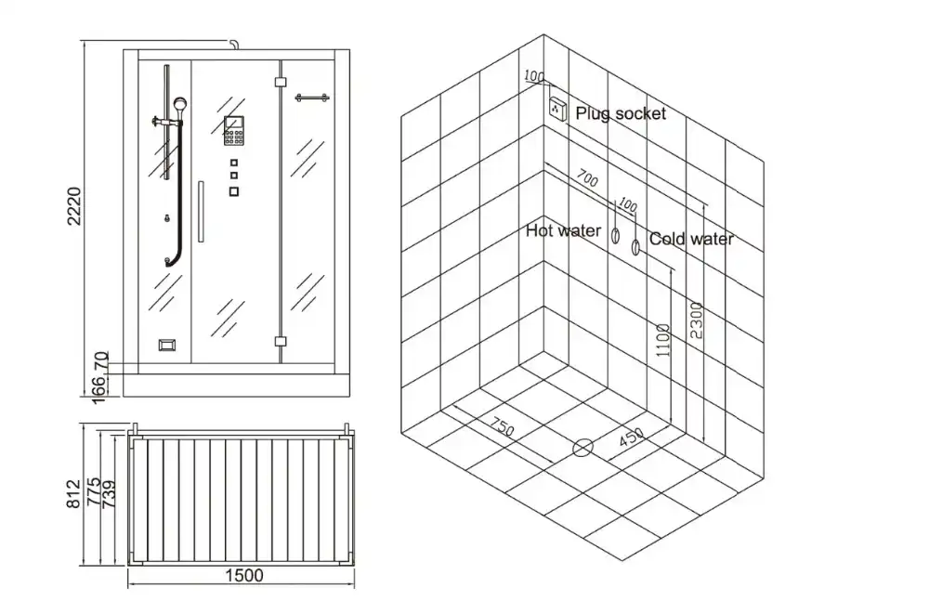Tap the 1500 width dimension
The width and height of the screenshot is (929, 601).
pos(244,576)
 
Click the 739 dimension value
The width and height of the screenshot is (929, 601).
pos(109,492)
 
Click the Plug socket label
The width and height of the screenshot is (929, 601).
pos(620,113)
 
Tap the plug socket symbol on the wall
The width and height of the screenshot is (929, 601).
pos(557,108)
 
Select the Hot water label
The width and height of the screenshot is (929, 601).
pos(563,230)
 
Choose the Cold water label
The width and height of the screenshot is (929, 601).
pos(691,239)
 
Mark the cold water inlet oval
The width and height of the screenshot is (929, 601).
pos(635,247)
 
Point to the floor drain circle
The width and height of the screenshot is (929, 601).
pos(582,448)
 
